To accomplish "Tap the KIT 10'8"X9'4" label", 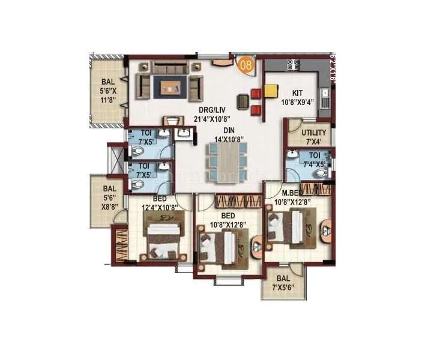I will pos(297,97).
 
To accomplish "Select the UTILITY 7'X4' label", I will pos(314,137).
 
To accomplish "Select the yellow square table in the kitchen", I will pos(270,91).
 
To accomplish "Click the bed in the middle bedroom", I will pos(224,247).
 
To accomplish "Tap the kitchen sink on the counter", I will pos(324,93).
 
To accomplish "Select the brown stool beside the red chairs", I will pos(243,101).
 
